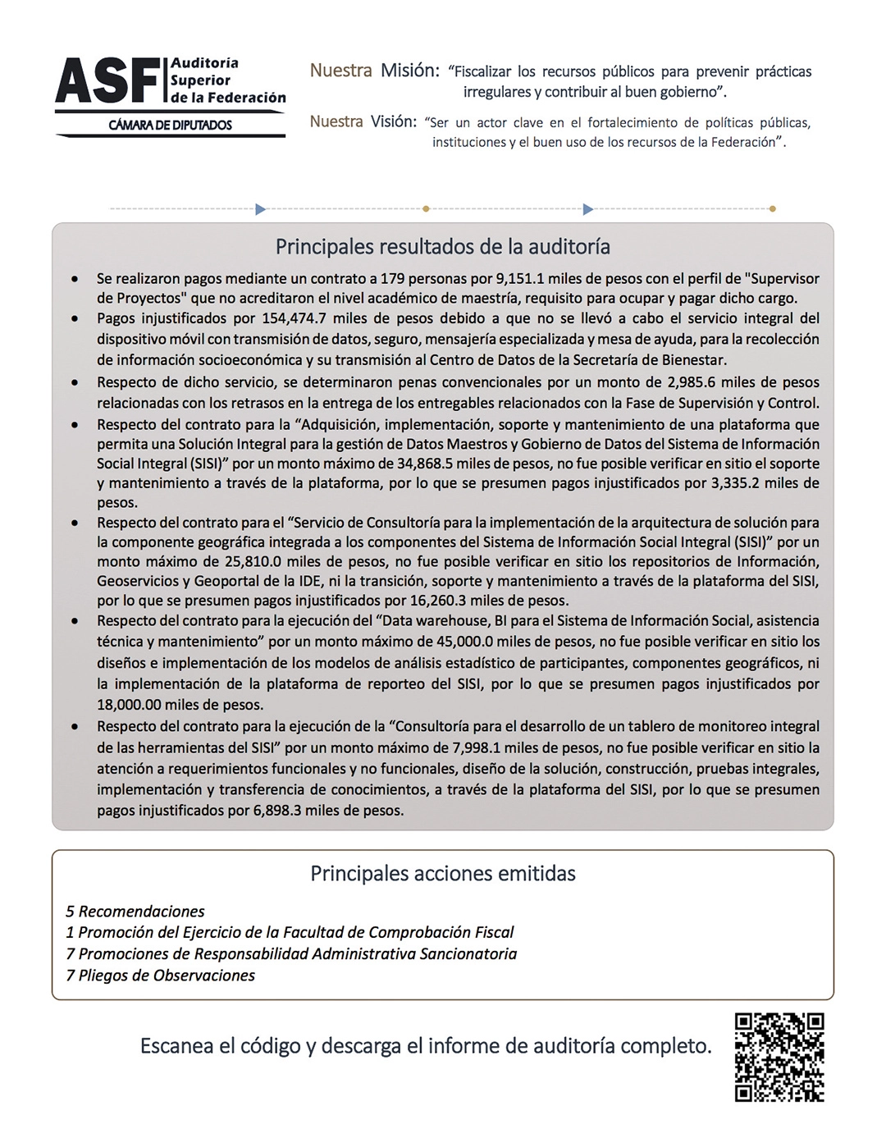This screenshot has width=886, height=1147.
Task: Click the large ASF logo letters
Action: [x=108, y=82]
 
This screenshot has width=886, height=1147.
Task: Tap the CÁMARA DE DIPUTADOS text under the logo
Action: [x=171, y=126]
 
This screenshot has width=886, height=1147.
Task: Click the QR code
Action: [x=779, y=1057]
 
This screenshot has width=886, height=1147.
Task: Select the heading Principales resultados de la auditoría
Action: [x=442, y=247]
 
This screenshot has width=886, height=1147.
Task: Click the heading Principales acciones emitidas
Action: [x=442, y=873]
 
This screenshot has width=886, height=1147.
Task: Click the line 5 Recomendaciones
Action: [x=135, y=912]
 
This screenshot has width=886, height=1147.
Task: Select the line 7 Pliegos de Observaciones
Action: [x=161, y=976]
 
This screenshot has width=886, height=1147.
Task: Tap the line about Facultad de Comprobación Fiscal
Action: [x=290, y=933]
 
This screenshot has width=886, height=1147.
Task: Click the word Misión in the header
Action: [x=409, y=71]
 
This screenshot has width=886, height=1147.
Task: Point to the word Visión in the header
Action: [x=393, y=122]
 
